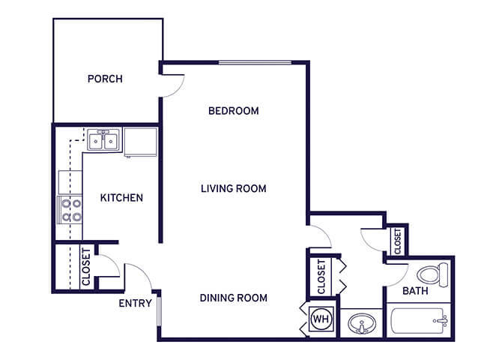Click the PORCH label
(105, 79)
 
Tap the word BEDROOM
(233, 111)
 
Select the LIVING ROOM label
(233, 188)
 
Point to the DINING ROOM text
(233, 298)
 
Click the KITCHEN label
(121, 198)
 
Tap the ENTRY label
(135, 303)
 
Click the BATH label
(415, 291)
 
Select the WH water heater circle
(321, 319)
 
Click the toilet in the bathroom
(433, 275)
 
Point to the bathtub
(419, 320)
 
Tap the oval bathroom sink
(362, 323)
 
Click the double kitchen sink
(103, 140)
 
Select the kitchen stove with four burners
(70, 210)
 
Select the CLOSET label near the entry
(86, 267)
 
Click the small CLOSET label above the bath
(398, 241)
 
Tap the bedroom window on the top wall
(255, 62)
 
